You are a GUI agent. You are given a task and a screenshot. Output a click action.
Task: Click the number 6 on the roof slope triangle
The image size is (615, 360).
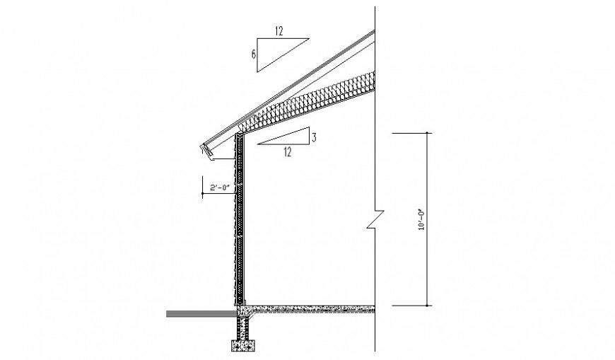(x=253, y=54)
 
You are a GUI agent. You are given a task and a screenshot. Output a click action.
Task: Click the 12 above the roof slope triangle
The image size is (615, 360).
(x=279, y=30)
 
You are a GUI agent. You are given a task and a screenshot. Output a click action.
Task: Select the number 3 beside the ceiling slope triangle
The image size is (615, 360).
(x=313, y=136)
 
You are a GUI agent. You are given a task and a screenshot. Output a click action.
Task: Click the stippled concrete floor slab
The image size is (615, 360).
(x=311, y=308)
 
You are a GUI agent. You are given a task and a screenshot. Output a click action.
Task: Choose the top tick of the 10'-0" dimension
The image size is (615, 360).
(x=426, y=132)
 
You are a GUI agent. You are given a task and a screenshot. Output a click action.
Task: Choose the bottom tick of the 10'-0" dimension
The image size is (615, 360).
(x=426, y=306)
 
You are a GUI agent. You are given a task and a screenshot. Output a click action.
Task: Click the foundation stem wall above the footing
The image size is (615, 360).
(x=243, y=327)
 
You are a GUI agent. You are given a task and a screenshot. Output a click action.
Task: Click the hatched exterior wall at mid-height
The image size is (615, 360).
(x=239, y=226)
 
